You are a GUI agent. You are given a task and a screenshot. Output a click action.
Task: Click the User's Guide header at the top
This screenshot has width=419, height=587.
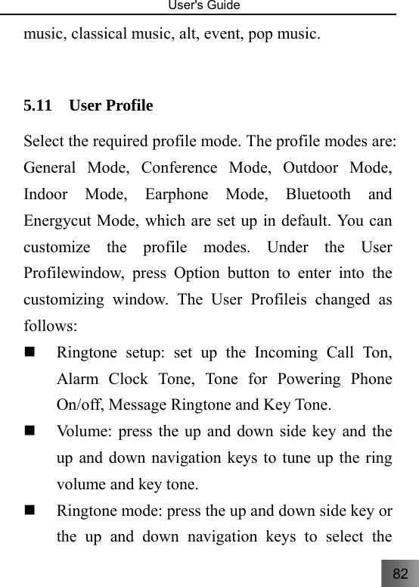(x=209, y=6)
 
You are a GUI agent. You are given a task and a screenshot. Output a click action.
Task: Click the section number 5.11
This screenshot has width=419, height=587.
(x=38, y=105)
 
